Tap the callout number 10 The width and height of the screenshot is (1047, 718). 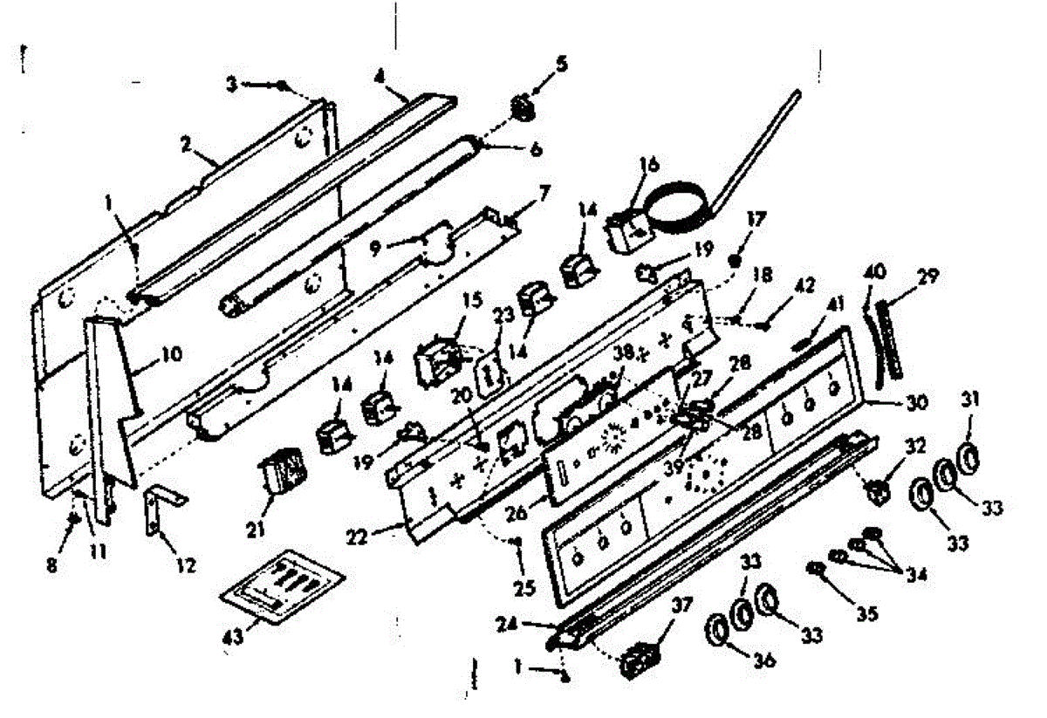[171, 354]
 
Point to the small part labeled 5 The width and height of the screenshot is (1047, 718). [522, 109]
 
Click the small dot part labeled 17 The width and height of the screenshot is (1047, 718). [736, 261]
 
